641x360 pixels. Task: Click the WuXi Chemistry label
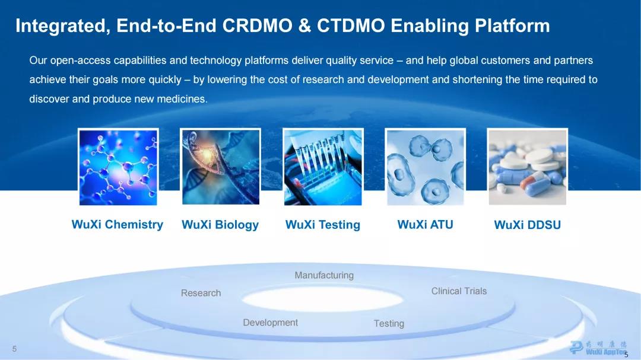click(x=118, y=224)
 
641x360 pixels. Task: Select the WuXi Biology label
click(x=220, y=225)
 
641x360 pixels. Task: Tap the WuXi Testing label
click(x=322, y=225)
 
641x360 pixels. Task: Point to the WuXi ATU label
click(x=425, y=224)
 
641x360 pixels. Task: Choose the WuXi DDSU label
click(x=528, y=225)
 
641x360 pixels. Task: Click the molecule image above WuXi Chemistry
click(x=118, y=167)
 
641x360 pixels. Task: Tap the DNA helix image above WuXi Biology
click(x=220, y=167)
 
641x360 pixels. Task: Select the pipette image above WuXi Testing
click(x=323, y=167)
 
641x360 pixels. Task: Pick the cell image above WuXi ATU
click(x=425, y=167)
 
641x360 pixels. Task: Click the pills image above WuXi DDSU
click(x=528, y=167)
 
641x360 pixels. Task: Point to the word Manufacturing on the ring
click(x=324, y=275)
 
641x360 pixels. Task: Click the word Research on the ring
click(x=201, y=293)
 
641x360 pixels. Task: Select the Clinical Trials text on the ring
click(x=459, y=291)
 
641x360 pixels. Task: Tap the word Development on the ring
click(x=270, y=323)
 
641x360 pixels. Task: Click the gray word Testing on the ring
click(x=389, y=323)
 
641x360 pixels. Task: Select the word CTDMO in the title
click(x=351, y=26)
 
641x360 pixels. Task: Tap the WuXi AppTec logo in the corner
click(x=599, y=348)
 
